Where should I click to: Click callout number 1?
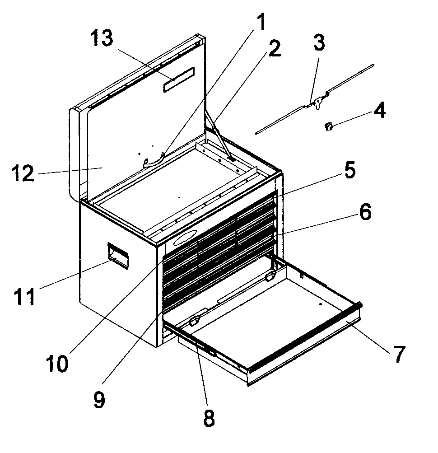261,22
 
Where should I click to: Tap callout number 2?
274,48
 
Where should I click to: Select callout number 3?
319,43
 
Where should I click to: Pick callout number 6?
365,212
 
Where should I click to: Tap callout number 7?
399,354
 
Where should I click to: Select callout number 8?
209,418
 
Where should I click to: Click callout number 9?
99,400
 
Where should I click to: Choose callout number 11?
24,296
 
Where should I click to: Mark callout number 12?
23,173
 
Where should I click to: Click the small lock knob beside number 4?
329,126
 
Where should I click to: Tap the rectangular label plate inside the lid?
179,80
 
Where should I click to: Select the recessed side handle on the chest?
118,255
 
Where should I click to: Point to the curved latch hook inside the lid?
154,160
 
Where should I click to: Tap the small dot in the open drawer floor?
320,304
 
